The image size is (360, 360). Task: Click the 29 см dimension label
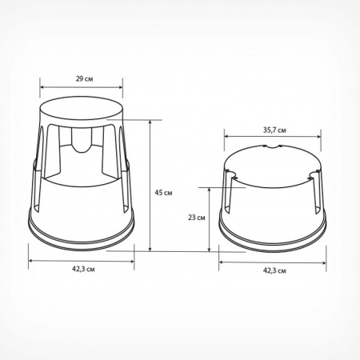(x=84, y=79)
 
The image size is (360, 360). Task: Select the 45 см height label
(x=163, y=193)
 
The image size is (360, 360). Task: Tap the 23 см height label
(x=197, y=218)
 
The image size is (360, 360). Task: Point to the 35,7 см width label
(x=274, y=130)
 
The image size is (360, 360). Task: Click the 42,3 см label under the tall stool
(x=83, y=269)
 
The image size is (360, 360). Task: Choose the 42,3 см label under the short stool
(x=274, y=270)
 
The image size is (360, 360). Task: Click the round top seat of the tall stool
(x=82, y=109)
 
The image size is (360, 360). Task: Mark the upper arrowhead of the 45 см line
(x=150, y=122)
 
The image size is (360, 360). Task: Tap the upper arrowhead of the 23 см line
(x=210, y=190)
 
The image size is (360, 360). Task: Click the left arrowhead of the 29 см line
(x=42, y=87)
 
